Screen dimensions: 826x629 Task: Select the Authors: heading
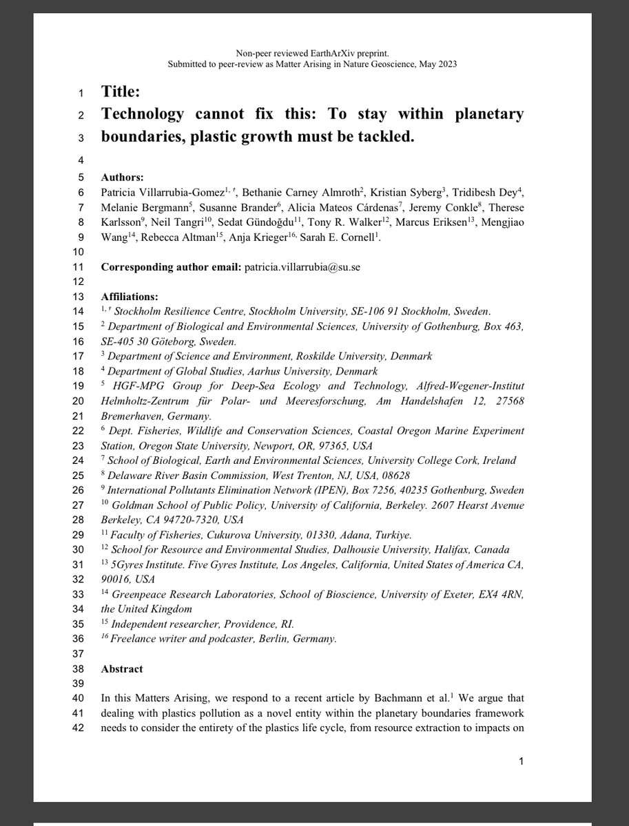click(x=123, y=177)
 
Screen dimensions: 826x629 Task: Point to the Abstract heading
click(x=122, y=668)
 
